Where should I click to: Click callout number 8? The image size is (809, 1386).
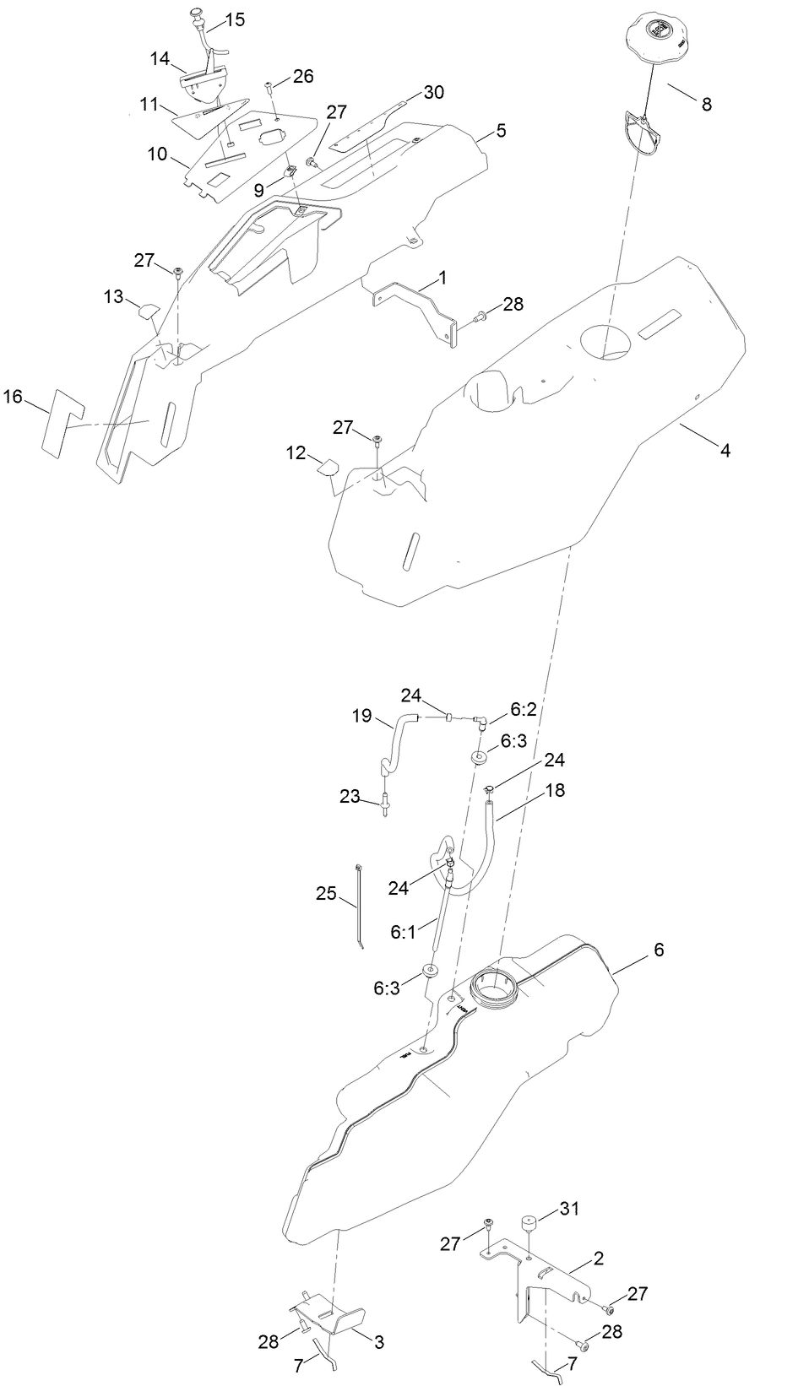(x=706, y=105)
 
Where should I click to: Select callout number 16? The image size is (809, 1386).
(x=13, y=396)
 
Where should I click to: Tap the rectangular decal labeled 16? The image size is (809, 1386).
(x=61, y=425)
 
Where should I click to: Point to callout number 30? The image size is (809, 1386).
(x=433, y=93)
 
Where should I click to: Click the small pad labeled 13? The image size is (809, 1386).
(x=148, y=309)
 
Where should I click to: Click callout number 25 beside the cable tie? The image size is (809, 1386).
(x=326, y=893)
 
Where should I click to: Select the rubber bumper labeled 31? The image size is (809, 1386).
(x=529, y=1222)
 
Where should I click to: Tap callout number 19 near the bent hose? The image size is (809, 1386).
(x=361, y=717)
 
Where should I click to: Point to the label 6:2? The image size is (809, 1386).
(x=523, y=711)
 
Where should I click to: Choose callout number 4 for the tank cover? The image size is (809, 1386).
(x=725, y=451)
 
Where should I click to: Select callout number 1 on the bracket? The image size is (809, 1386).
(x=443, y=278)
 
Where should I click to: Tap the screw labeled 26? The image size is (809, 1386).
(x=269, y=87)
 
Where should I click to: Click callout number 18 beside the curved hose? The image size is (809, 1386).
(x=555, y=790)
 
